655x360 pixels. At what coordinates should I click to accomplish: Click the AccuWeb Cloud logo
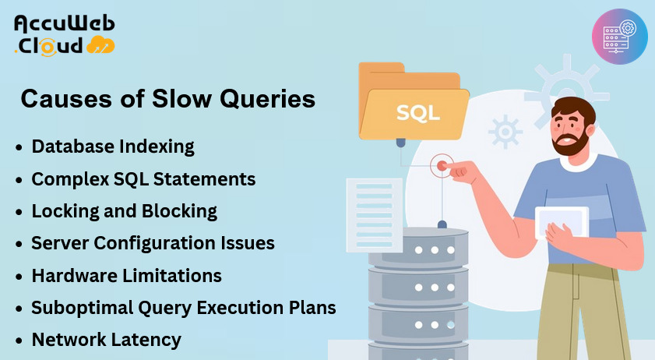(x=65, y=36)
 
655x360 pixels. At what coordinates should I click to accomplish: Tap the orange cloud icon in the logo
(x=100, y=44)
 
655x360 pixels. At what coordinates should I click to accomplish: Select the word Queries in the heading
(x=267, y=100)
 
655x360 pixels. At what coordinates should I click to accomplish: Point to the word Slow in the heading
(x=181, y=99)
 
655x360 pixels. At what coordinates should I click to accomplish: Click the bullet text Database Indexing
(x=113, y=146)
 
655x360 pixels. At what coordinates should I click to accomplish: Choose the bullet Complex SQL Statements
(x=143, y=179)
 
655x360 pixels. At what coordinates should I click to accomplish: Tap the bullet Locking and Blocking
(x=125, y=211)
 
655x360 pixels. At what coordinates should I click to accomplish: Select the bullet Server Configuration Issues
(x=153, y=243)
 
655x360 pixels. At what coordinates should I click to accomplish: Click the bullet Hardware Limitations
(x=127, y=276)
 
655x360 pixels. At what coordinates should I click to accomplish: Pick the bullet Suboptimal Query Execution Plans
(x=183, y=308)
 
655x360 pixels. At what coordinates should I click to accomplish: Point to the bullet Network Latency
(x=107, y=340)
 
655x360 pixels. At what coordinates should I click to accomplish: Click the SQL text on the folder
(x=417, y=113)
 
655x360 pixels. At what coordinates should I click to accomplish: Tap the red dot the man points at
(x=441, y=165)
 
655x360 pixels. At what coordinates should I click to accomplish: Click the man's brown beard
(x=570, y=142)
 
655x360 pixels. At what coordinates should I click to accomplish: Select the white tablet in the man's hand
(x=562, y=221)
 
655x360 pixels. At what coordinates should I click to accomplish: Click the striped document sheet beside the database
(x=375, y=215)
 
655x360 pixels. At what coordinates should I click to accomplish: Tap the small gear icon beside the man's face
(x=505, y=132)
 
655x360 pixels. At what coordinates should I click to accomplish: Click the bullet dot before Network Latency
(x=19, y=341)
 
